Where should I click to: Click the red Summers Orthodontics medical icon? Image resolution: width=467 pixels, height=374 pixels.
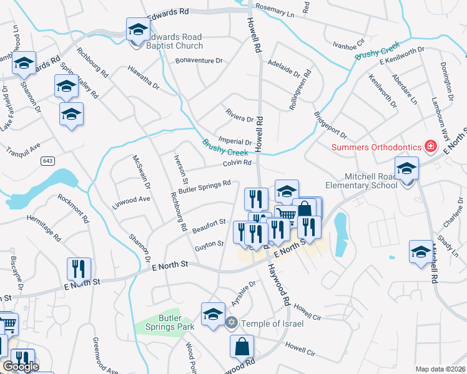[x=430, y=146]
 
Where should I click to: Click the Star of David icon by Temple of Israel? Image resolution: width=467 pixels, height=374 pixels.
[x=232, y=322]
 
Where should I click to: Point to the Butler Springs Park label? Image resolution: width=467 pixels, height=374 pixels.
[x=177, y=322]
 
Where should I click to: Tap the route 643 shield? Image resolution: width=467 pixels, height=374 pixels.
[x=47, y=161]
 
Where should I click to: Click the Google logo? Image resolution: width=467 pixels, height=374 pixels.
[x=21, y=367]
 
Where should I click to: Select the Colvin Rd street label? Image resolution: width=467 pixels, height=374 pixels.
[x=237, y=163]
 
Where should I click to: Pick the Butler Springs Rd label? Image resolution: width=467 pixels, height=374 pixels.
[x=204, y=186]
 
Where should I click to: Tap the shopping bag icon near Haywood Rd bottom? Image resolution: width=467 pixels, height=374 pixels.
[x=242, y=345]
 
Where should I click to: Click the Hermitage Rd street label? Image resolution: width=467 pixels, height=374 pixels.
[x=44, y=228]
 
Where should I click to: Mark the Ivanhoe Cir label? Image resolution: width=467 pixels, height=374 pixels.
[x=348, y=45]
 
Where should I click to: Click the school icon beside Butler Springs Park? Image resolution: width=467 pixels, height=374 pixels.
[x=212, y=313]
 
